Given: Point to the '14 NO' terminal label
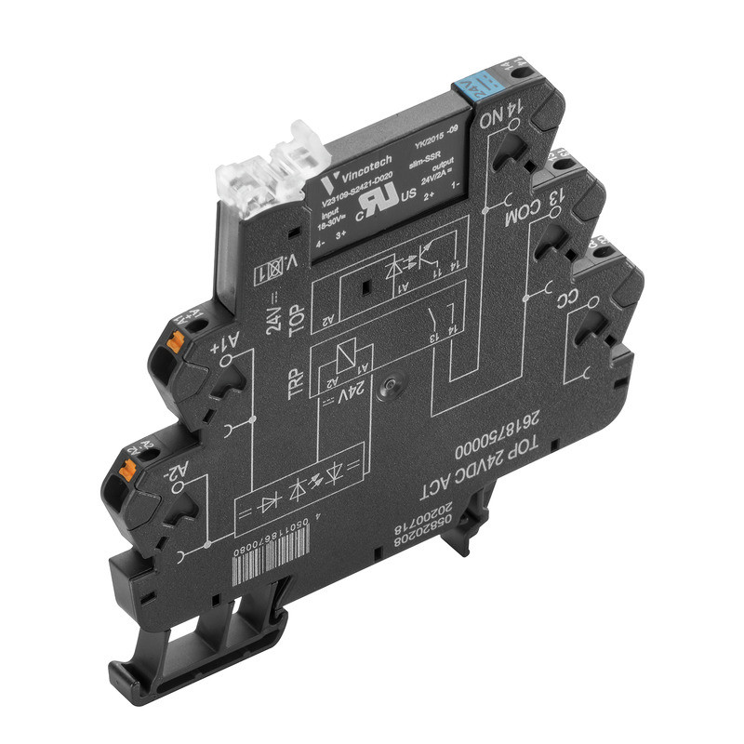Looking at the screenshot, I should point(499,118).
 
